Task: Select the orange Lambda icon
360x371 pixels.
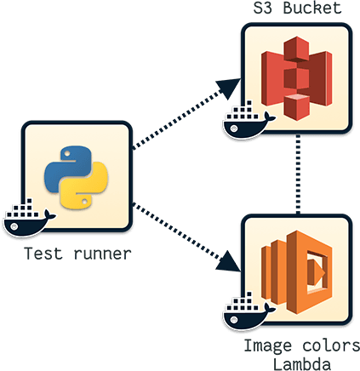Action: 296,271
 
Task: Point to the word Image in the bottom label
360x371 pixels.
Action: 264,347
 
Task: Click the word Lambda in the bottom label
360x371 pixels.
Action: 296,362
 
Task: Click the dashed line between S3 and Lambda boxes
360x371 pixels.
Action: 297,176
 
